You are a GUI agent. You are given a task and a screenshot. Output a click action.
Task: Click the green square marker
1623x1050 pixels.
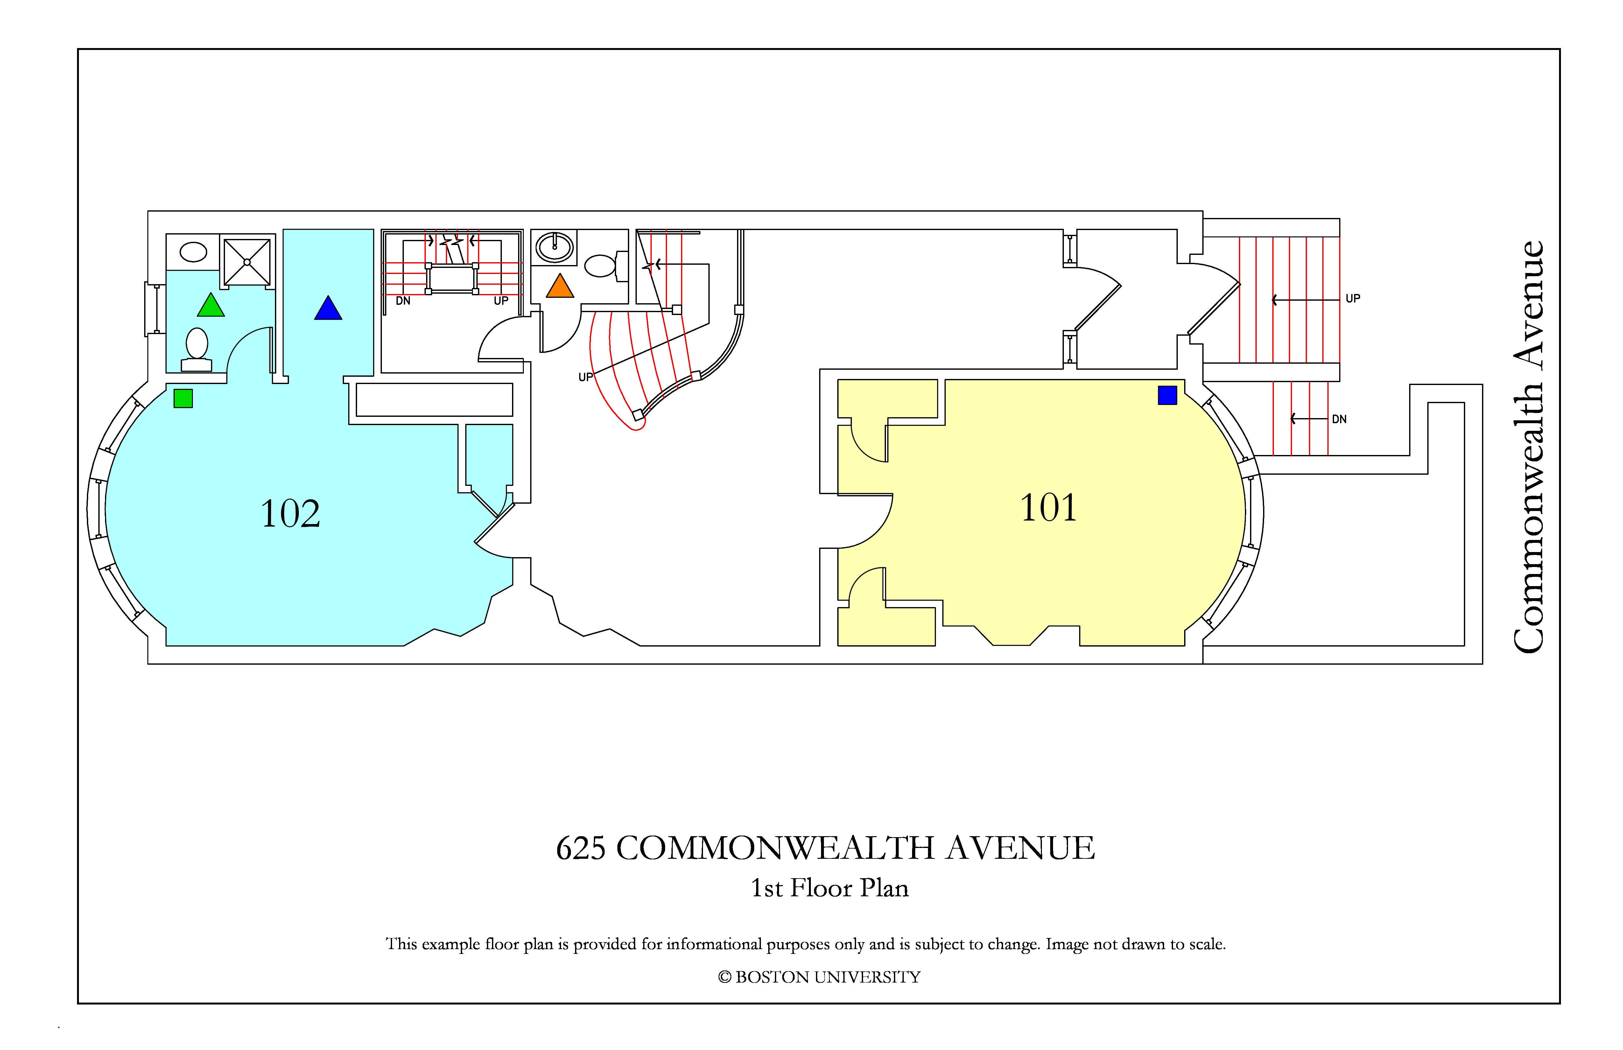183,398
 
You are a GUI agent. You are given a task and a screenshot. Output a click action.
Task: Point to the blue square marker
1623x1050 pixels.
1168,395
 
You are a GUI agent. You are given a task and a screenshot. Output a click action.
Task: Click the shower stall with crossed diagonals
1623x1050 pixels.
247,262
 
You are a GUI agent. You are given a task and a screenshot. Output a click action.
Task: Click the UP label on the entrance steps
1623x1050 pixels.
1353,299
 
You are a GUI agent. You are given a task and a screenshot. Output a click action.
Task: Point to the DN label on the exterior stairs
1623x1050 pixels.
1339,419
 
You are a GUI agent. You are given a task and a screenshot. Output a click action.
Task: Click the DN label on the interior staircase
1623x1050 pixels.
403,301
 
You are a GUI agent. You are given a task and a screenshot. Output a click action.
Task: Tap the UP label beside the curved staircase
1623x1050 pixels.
585,377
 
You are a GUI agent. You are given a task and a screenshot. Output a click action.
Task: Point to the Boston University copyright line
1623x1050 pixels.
819,977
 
